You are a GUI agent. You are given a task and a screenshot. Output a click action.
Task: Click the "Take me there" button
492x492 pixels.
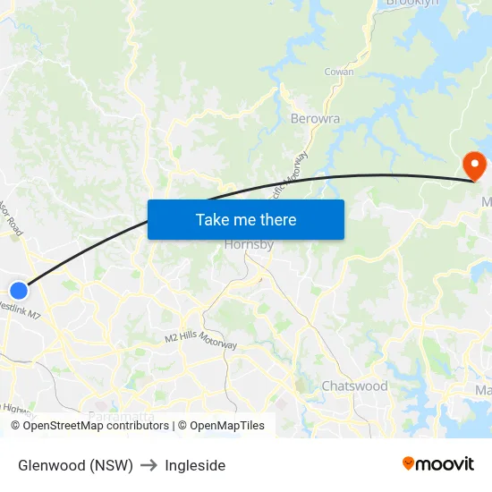click(x=245, y=219)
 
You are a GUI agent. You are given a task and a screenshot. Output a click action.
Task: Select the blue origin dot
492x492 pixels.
click(x=19, y=290)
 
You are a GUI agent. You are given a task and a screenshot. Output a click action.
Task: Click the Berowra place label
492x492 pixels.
click(x=315, y=118)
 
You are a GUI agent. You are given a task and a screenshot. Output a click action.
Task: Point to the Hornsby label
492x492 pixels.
click(x=249, y=243)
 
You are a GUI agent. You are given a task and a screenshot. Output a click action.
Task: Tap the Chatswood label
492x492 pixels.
click(x=354, y=386)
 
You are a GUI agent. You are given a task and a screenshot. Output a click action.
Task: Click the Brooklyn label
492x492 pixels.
click(x=412, y=4)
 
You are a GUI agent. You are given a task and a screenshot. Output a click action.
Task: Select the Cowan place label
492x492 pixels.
click(x=339, y=72)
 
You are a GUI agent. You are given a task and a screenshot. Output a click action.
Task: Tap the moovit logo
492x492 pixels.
click(x=437, y=464)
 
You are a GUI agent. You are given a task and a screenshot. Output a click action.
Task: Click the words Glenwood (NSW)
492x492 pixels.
click(x=75, y=465)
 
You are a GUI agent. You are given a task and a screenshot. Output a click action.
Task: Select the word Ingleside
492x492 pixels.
click(x=195, y=465)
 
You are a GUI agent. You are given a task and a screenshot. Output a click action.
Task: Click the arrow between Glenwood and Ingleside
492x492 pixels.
click(x=148, y=465)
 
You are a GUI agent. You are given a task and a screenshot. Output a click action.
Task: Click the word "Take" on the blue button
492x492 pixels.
click(x=212, y=219)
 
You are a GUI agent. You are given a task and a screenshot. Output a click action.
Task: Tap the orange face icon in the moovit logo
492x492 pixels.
click(x=409, y=463)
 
